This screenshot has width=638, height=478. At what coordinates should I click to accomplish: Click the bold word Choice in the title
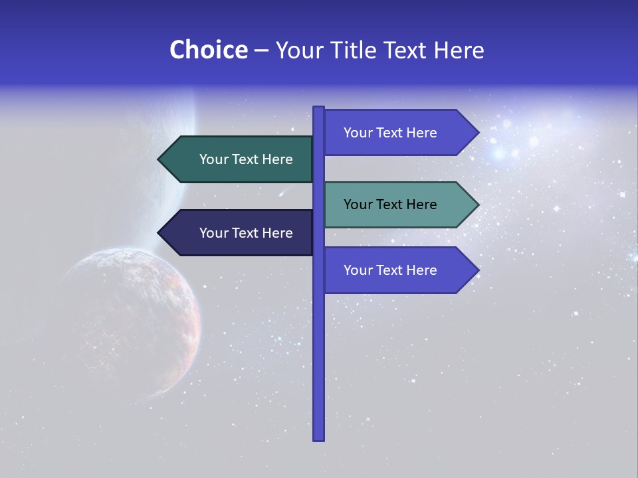[208, 50]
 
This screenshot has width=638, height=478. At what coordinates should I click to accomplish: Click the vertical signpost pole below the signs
[318, 372]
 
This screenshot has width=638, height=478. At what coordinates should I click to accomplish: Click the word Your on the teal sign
[358, 204]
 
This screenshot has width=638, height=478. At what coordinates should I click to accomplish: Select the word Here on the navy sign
[276, 233]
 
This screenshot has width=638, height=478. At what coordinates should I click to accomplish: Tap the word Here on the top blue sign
[421, 133]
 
